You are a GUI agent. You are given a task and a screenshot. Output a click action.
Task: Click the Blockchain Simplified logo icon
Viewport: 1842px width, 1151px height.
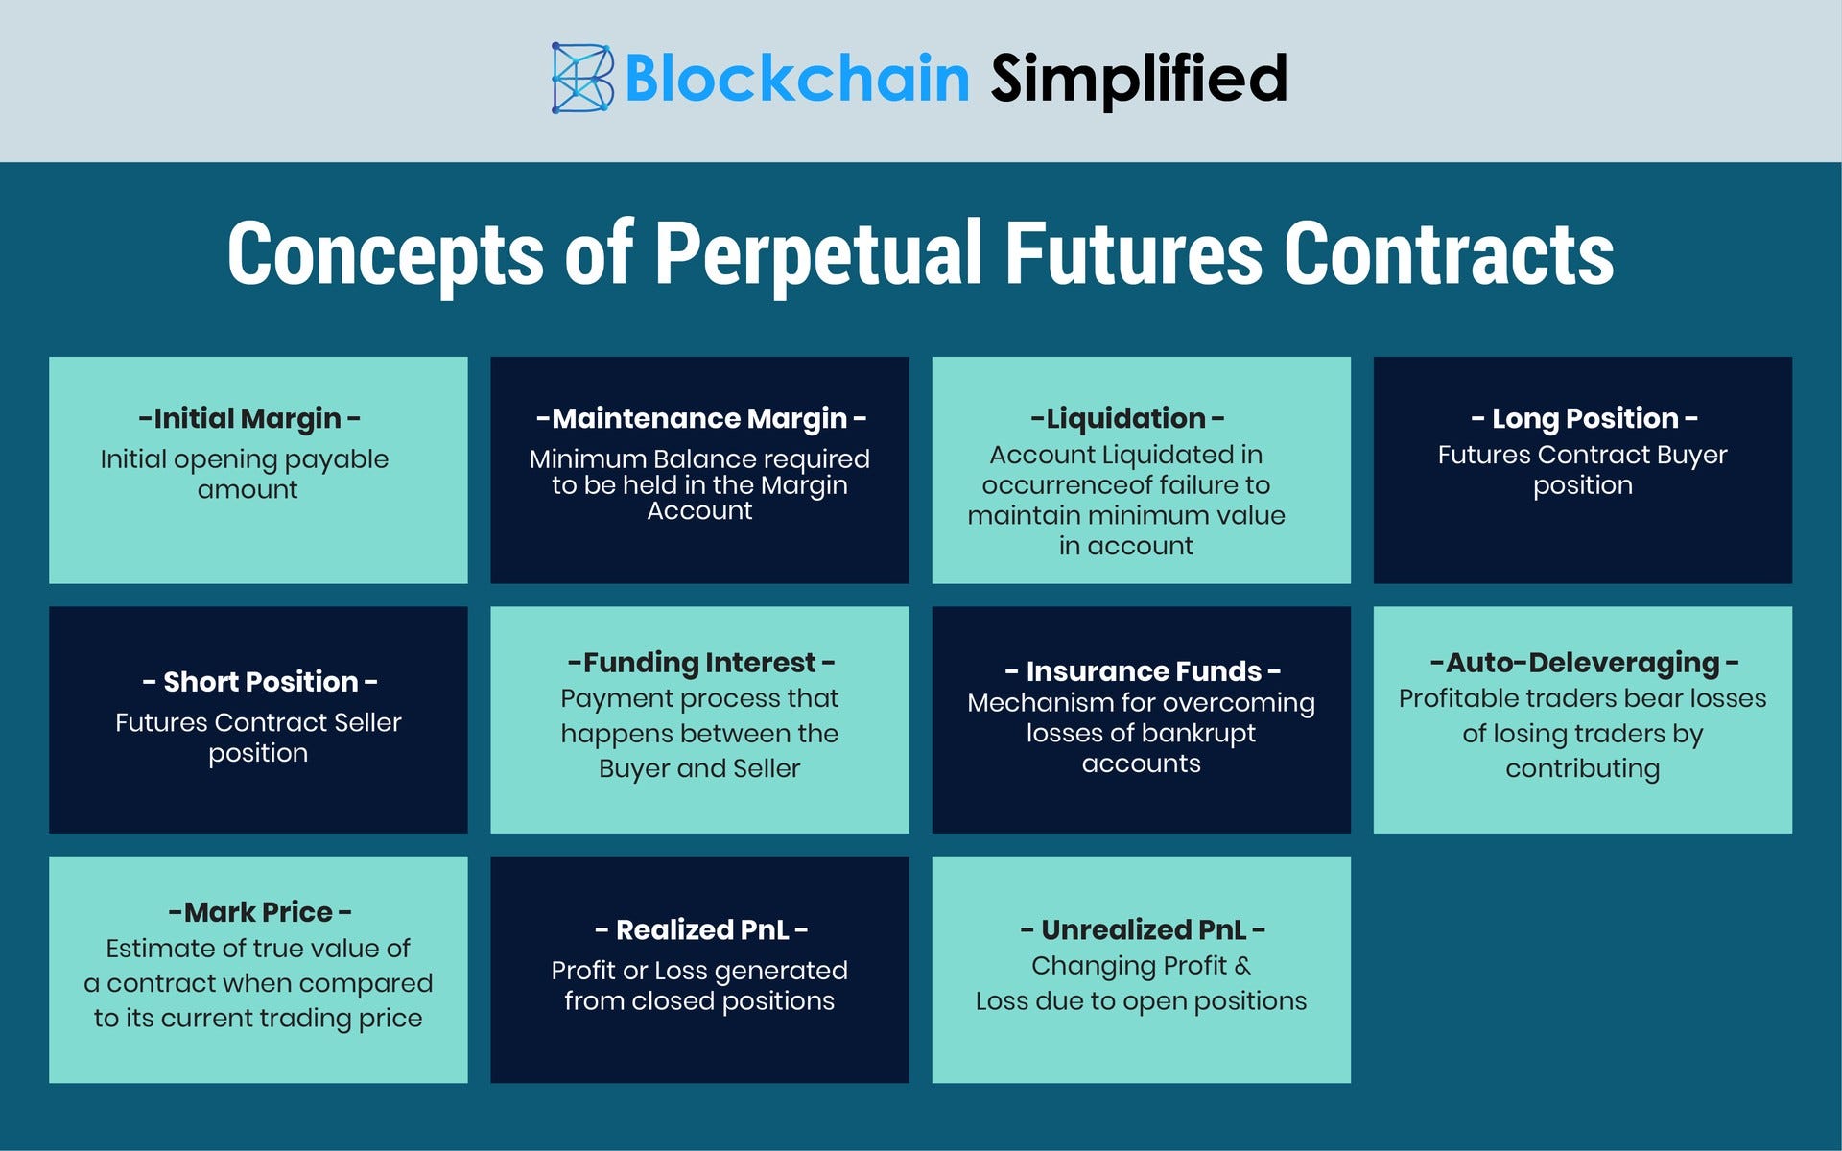pyautogui.click(x=582, y=78)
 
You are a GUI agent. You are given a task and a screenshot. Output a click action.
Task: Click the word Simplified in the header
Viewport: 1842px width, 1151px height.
pyautogui.click(x=1139, y=79)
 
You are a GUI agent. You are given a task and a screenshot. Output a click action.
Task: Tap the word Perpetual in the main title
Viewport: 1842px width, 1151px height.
pyautogui.click(x=818, y=254)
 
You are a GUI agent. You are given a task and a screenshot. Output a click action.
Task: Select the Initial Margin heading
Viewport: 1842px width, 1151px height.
pyautogui.click(x=249, y=418)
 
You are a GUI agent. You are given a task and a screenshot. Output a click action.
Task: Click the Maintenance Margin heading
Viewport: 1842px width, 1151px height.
pyautogui.click(x=700, y=418)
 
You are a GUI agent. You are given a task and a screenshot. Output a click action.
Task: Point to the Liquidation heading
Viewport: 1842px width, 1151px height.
pyautogui.click(x=1127, y=418)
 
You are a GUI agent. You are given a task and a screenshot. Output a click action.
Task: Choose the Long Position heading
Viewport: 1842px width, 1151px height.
pyautogui.click(x=1584, y=418)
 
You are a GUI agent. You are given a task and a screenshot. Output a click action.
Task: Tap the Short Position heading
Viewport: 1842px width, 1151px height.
pyautogui.click(x=259, y=682)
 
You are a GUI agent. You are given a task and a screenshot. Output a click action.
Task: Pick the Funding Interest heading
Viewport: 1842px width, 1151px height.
pyautogui.click(x=700, y=663)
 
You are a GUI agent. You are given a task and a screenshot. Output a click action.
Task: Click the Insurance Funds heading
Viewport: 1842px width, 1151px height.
pyautogui.click(x=1142, y=671)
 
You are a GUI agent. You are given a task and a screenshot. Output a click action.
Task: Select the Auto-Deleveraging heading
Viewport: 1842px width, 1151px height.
pyautogui.click(x=1584, y=663)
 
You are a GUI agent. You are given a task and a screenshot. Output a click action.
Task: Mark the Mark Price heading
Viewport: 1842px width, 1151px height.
pyautogui.click(x=259, y=912)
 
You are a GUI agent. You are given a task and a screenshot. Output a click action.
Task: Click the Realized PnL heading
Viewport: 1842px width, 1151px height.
pyautogui.click(x=700, y=930)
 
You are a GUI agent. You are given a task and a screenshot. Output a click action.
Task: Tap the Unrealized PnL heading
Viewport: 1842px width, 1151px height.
pyautogui.click(x=1142, y=930)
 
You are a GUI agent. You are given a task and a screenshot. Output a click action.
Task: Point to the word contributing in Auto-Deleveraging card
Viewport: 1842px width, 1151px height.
pyautogui.click(x=1583, y=769)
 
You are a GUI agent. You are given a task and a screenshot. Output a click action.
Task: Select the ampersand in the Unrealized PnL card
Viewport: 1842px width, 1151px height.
pyautogui.click(x=1242, y=966)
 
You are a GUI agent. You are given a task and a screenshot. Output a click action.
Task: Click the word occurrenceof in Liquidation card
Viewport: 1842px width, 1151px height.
pyautogui.click(x=1080, y=485)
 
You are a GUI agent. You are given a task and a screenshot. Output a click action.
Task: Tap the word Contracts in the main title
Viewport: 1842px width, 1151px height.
pyautogui.click(x=1449, y=254)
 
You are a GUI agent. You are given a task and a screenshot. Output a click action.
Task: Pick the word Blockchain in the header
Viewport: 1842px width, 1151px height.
pyautogui.click(x=797, y=79)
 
